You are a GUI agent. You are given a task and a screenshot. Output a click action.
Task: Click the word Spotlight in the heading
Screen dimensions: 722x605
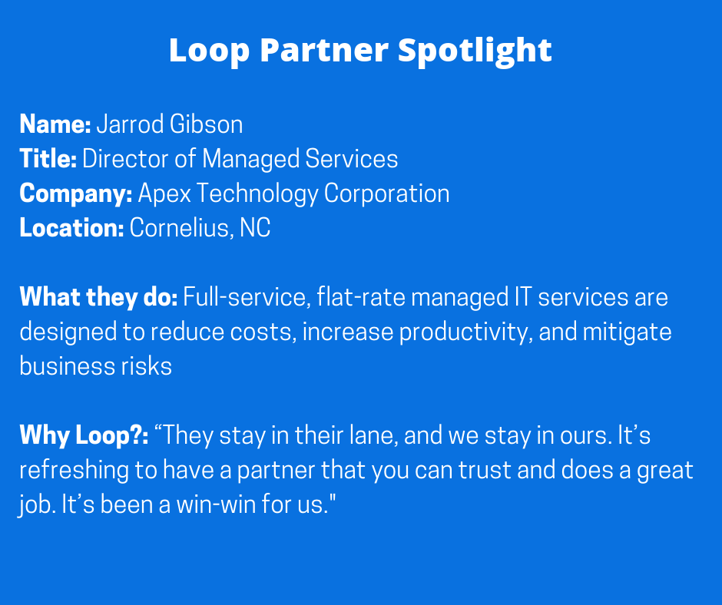pyautogui.click(x=475, y=51)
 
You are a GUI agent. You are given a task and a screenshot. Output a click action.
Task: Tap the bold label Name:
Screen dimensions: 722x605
pyautogui.click(x=55, y=124)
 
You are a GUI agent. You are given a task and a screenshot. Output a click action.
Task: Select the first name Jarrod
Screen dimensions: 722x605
pyautogui.click(x=131, y=125)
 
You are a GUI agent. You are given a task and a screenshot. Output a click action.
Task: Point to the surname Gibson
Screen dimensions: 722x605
pyautogui.click(x=207, y=124)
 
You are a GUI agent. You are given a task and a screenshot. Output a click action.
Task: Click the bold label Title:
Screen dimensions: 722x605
pyautogui.click(x=48, y=159)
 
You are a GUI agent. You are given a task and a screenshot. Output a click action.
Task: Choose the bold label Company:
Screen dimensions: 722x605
pyautogui.click(x=76, y=193)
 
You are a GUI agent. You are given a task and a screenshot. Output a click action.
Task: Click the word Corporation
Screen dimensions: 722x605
pyautogui.click(x=387, y=193)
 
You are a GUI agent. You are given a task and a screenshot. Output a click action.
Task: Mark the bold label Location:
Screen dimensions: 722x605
pyautogui.click(x=72, y=228)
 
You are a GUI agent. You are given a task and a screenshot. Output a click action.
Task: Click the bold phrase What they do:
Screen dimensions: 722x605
pyautogui.click(x=98, y=297)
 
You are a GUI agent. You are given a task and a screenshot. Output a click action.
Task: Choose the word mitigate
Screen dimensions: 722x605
pyautogui.click(x=628, y=332)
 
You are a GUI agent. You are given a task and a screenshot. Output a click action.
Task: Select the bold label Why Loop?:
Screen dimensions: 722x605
pyautogui.click(x=84, y=435)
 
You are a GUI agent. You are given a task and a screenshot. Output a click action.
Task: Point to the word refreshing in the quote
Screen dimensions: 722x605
pyautogui.click(x=75, y=471)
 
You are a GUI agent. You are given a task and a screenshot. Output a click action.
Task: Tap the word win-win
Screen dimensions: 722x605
pyautogui.click(x=217, y=504)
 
